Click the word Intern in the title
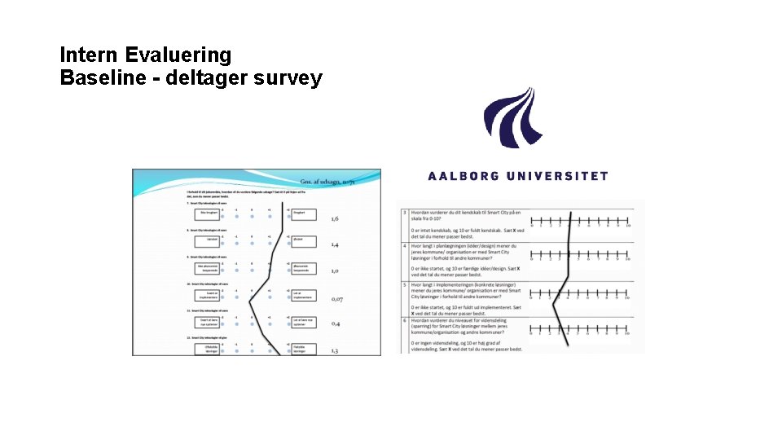point(90,55)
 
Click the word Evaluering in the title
point(179,55)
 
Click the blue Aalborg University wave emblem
point(514,118)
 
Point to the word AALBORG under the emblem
point(468,176)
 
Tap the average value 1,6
point(335,218)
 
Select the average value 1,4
point(335,244)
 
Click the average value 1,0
point(335,271)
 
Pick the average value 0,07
point(337,299)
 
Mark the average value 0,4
point(335,324)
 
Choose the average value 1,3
point(335,350)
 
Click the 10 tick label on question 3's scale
point(627,226)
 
